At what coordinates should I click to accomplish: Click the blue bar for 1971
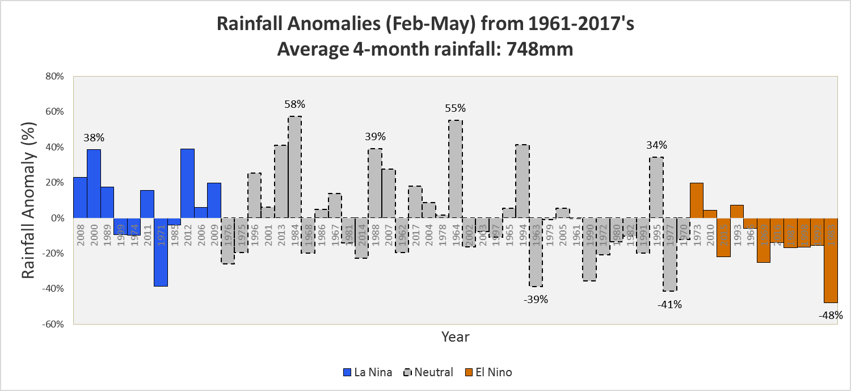(x=161, y=252)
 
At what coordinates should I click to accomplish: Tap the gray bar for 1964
(x=456, y=169)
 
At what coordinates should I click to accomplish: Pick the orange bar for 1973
(x=697, y=200)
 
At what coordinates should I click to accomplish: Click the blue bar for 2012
(x=188, y=183)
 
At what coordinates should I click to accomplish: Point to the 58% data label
(x=295, y=104)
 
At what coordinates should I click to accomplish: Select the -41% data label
(x=669, y=305)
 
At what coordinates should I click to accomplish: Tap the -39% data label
(x=536, y=300)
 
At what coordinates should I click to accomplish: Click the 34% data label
(x=656, y=145)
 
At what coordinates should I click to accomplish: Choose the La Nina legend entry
(x=368, y=372)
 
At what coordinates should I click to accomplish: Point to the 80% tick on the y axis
(x=57, y=77)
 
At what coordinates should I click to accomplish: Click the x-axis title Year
(x=455, y=337)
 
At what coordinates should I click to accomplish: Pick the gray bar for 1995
(x=656, y=187)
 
